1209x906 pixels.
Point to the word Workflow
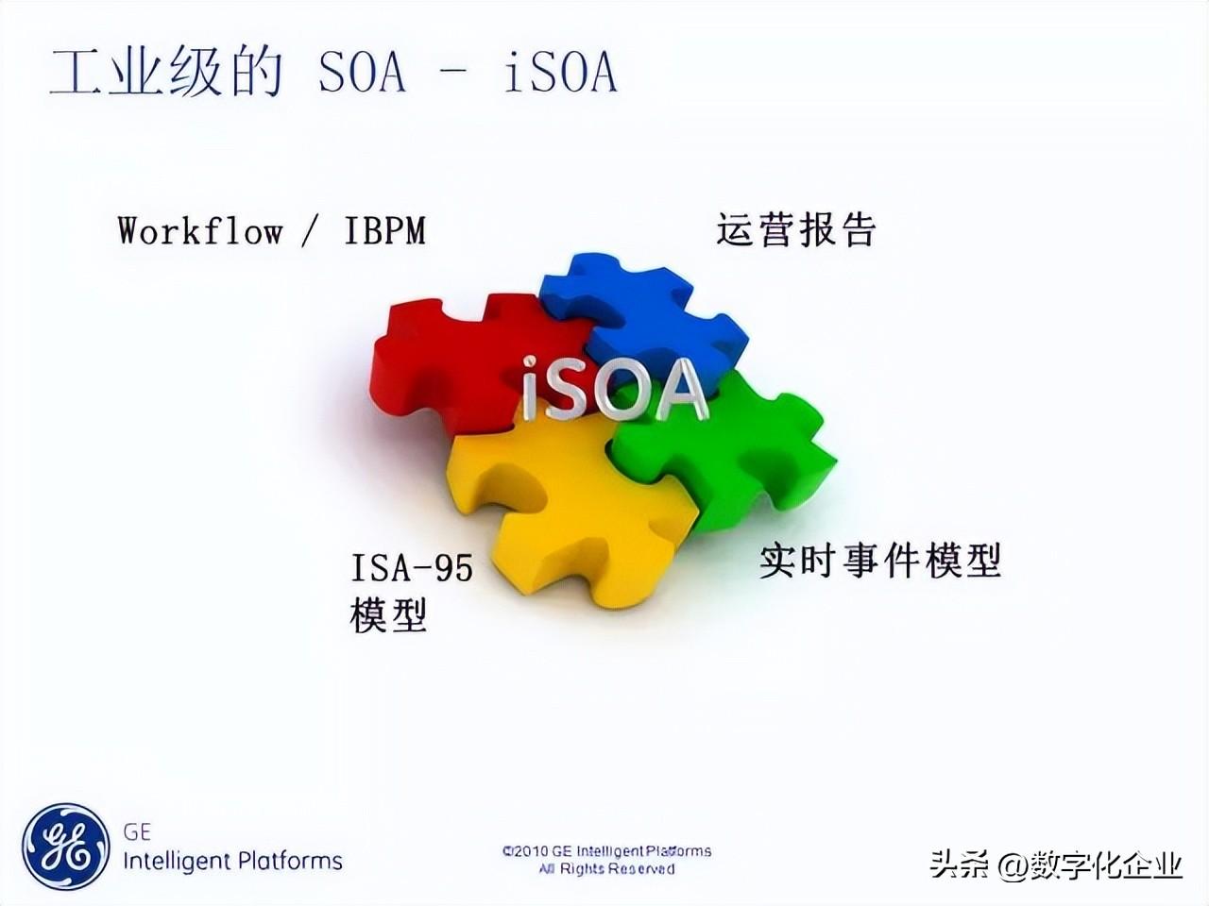(x=200, y=230)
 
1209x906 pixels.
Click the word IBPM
(x=385, y=230)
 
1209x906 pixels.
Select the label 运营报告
(x=796, y=229)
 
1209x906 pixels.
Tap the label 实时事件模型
(x=880, y=561)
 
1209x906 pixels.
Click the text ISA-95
(x=412, y=568)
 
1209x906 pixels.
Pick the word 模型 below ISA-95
(x=388, y=615)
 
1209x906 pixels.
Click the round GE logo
(x=65, y=847)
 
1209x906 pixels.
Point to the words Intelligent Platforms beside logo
(x=232, y=861)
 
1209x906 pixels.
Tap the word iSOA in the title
(x=560, y=72)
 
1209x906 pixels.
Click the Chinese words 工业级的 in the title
(x=166, y=72)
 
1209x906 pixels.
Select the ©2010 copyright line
(x=606, y=851)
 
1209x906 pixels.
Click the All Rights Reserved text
(x=606, y=869)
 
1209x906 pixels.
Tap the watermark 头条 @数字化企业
(x=1056, y=864)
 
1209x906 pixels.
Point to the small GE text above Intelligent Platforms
(x=137, y=832)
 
